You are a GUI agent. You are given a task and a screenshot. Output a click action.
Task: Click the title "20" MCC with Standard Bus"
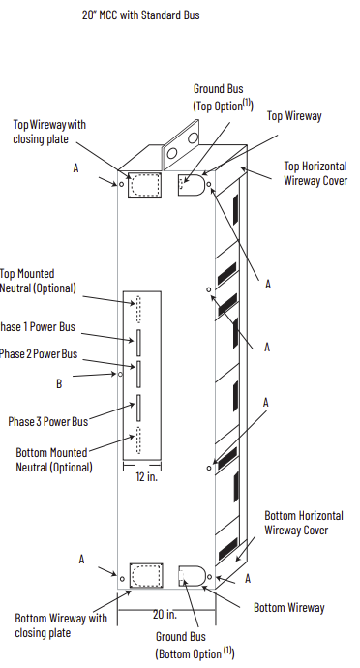point(140,15)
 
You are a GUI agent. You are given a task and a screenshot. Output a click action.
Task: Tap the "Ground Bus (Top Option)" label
point(224,97)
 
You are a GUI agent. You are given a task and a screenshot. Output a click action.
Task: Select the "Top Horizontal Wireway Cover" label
point(315,173)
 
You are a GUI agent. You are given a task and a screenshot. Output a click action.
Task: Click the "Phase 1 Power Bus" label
point(37,327)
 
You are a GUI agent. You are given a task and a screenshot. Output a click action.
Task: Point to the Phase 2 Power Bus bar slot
point(138,374)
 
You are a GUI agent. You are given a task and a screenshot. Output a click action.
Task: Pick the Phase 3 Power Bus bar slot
point(138,408)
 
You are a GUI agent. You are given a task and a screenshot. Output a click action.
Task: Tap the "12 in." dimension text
point(146,476)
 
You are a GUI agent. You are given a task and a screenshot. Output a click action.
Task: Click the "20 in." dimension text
point(165,615)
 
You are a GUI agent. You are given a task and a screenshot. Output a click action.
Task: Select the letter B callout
point(59,383)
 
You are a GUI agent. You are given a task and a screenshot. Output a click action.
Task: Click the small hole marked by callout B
point(120,374)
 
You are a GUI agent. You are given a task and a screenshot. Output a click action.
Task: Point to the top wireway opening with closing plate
point(145,185)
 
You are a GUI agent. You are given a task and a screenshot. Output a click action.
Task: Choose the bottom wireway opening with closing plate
point(146,575)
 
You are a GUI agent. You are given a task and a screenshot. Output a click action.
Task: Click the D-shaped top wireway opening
point(192,185)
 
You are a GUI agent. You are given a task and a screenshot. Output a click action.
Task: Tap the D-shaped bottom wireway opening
point(193,576)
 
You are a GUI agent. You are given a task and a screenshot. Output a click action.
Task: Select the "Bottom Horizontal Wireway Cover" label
point(304,523)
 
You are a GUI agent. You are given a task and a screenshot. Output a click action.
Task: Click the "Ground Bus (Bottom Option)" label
point(195,645)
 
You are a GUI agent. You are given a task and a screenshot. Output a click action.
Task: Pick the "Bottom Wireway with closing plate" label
point(61,625)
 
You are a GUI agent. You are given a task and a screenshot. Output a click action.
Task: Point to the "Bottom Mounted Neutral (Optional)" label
point(54,460)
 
